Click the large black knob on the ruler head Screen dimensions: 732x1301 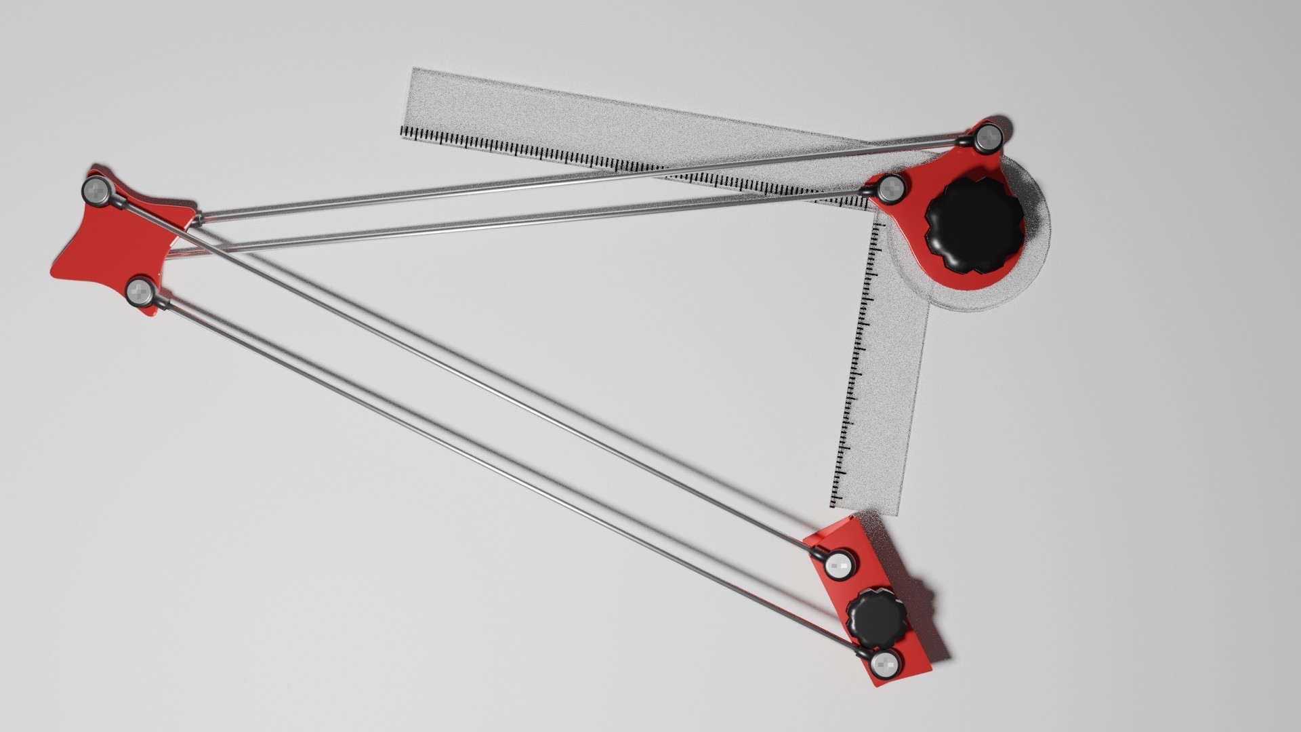[974, 221]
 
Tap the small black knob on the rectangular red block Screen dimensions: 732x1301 [877, 617]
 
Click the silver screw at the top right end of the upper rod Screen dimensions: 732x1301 [989, 138]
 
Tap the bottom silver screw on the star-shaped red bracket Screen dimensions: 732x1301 [140, 291]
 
